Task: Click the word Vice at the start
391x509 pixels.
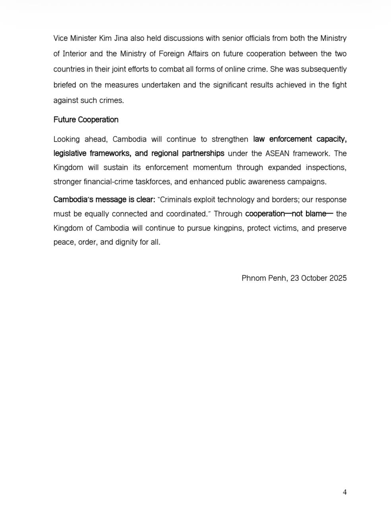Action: coord(60,38)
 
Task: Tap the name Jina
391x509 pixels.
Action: coord(127,38)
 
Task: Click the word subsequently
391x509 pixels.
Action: coord(322,69)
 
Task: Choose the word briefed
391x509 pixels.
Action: coord(64,85)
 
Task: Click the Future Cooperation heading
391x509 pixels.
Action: coord(86,120)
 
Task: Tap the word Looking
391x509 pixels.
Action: coord(66,139)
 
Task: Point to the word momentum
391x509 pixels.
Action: coord(212,167)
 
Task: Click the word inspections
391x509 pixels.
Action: coord(325,167)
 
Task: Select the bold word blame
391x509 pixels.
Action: coord(315,214)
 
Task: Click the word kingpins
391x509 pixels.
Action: coord(228,228)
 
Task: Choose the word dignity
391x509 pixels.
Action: coord(126,242)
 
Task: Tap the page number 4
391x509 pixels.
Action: coord(345,492)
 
